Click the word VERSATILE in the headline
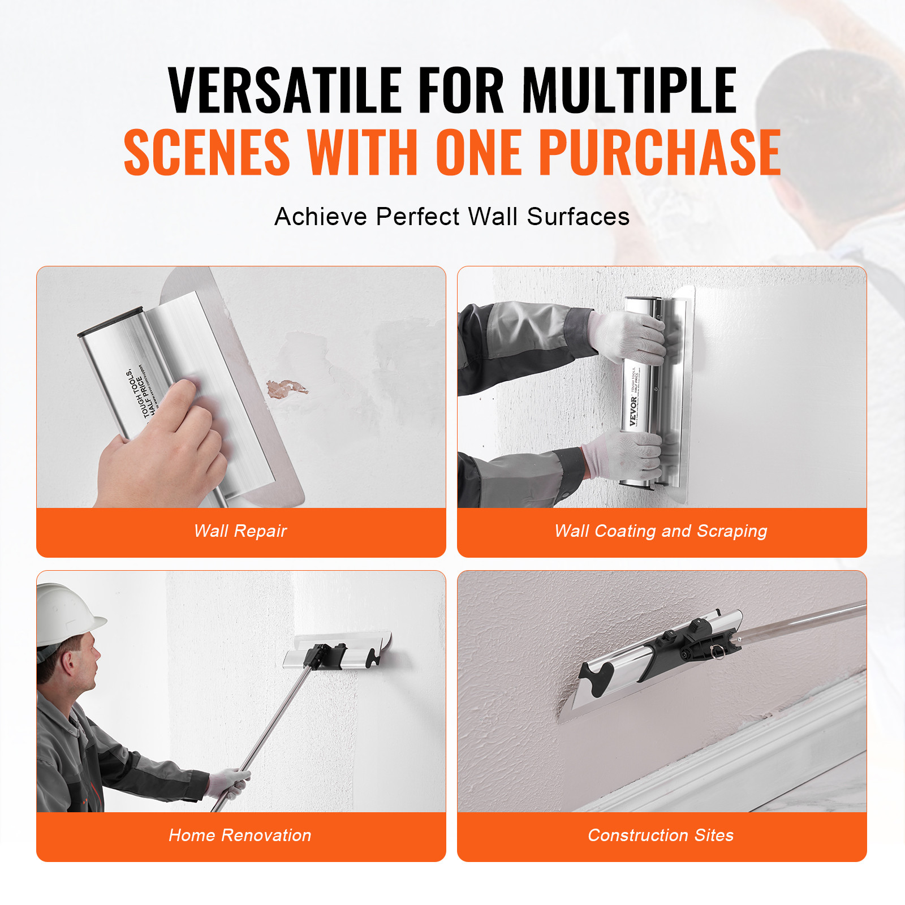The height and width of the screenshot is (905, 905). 285,90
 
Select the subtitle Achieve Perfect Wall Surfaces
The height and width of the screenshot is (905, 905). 452,217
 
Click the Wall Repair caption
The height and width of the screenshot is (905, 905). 240,531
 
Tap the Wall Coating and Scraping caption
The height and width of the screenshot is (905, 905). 661,531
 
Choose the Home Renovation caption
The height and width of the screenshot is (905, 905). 240,835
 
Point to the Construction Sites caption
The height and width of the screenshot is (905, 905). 661,835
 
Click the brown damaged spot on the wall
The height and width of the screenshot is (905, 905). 286,389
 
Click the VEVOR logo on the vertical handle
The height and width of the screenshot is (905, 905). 633,411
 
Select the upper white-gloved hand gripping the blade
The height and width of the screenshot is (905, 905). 628,337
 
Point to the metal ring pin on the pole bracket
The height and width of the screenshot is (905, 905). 718,653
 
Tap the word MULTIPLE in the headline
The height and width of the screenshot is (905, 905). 629,90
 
